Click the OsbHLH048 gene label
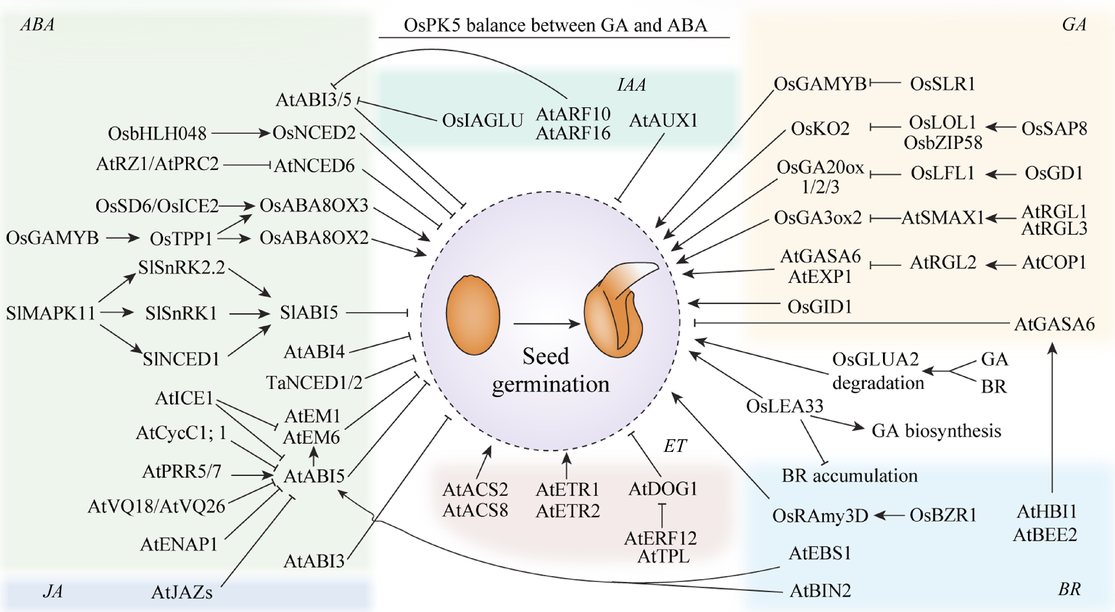tap(157, 134)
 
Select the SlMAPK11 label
tap(50, 313)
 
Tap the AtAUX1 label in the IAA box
tap(663, 120)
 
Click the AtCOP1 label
tap(1054, 262)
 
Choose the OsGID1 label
tap(819, 307)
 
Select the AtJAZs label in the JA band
tap(182, 592)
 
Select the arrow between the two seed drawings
tap(546, 323)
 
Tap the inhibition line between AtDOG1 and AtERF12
tap(662, 515)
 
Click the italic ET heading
tap(674, 446)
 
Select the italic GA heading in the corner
tap(1074, 25)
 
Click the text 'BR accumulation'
tap(849, 476)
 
